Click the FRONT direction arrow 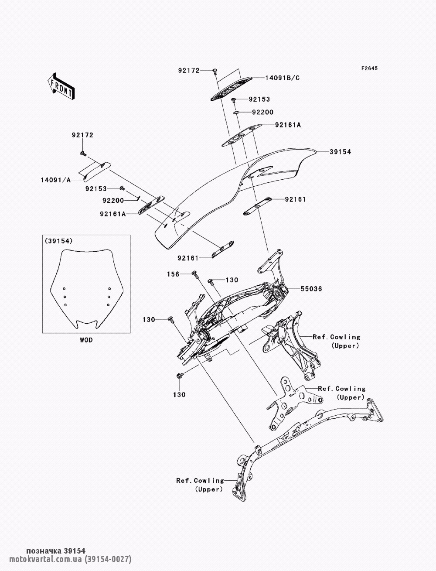click(x=61, y=85)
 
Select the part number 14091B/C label click(x=282, y=78)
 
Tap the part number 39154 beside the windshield click(x=340, y=152)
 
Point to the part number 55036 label click(x=311, y=289)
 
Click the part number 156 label click(x=174, y=274)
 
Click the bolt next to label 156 click(x=194, y=274)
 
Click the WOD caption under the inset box click(x=86, y=340)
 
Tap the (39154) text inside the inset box click(x=59, y=241)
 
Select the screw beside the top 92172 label click(x=215, y=71)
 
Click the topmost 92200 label click(x=262, y=112)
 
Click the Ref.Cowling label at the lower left click(x=200, y=480)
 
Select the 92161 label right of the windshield click(x=295, y=199)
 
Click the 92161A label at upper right click(x=288, y=125)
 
